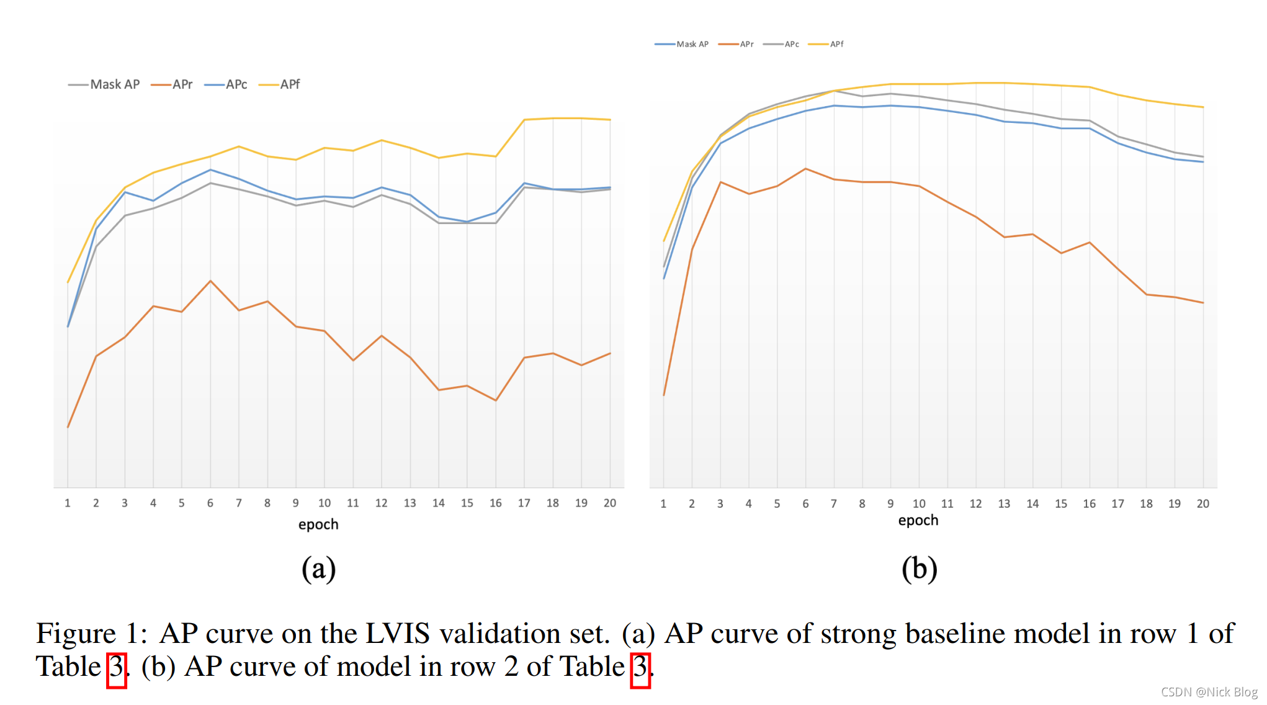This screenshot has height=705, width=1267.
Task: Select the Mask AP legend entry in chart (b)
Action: tap(682, 44)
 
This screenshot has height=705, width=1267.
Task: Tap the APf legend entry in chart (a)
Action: tap(280, 84)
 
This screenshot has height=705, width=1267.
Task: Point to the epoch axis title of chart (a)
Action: tap(318, 524)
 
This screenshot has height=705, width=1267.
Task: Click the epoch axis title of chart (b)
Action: tap(918, 520)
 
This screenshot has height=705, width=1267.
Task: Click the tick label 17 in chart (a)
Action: tap(524, 503)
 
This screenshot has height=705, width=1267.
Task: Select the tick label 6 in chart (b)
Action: tap(805, 504)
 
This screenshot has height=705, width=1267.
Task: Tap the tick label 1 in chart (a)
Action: tap(68, 503)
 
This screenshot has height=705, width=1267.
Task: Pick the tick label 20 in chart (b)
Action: tap(1202, 504)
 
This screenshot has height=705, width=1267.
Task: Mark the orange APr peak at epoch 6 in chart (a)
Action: tap(211, 281)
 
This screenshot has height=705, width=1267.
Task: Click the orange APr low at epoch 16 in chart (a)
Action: tap(496, 400)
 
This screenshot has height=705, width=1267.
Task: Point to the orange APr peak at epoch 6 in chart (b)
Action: tap(805, 169)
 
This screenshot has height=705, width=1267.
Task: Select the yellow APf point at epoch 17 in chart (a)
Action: tap(524, 120)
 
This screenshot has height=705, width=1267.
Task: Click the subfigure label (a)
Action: tap(318, 568)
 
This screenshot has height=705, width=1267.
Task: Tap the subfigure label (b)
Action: tap(919, 568)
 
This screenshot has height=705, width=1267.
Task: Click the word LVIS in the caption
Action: tap(397, 634)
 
